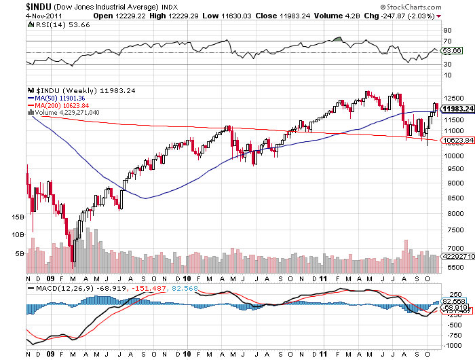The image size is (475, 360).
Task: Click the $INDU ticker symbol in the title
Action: click(14, 5)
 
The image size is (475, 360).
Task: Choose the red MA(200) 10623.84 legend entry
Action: click(58, 105)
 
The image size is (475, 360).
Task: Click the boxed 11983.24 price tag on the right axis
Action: click(456, 109)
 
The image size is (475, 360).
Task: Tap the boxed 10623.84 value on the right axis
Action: click(456, 141)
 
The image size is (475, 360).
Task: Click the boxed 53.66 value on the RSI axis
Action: click(453, 51)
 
